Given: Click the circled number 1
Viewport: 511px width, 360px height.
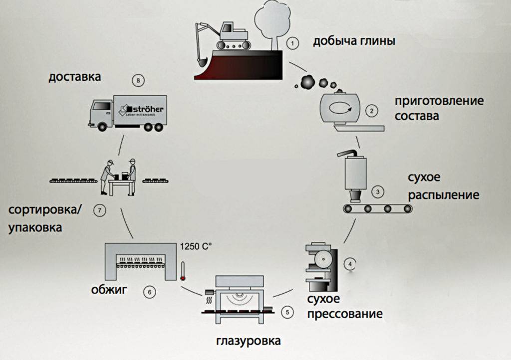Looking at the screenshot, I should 293,43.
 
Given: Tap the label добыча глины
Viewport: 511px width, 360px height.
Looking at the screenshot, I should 354,41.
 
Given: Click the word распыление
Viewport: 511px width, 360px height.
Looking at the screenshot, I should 444,194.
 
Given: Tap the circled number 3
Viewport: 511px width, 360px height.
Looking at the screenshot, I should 378,191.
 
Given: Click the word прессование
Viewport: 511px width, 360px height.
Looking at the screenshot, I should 345,314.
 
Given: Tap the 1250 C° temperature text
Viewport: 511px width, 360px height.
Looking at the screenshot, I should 195,246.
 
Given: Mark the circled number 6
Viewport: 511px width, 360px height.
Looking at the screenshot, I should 149,292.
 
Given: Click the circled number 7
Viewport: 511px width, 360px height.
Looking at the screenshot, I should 100,210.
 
